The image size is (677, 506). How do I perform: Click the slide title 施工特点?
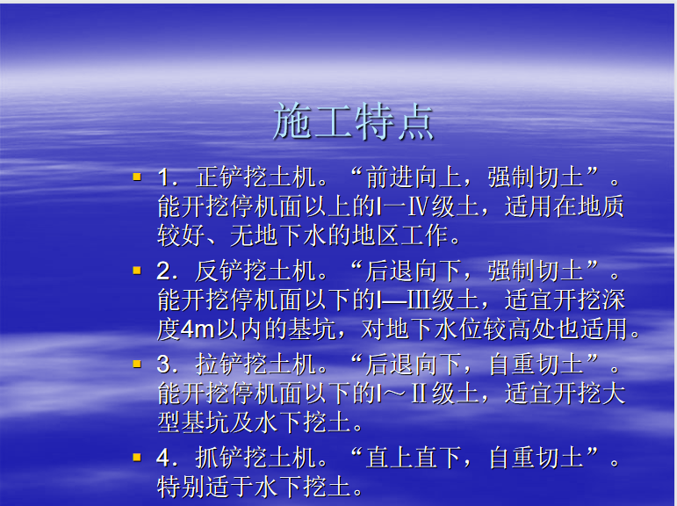[x=353, y=121]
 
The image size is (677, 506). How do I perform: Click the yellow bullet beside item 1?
[x=137, y=177]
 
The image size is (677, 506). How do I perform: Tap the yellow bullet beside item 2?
[x=137, y=271]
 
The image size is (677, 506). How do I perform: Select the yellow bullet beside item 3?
[x=137, y=364]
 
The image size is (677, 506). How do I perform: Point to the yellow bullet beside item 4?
[x=137, y=457]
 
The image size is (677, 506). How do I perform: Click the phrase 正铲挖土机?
[x=256, y=177]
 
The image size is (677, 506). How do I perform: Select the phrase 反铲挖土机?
[x=256, y=271]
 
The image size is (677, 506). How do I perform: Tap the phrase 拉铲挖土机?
[x=256, y=365]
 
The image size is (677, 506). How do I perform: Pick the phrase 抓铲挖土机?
[x=256, y=458]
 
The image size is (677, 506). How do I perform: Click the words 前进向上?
[x=414, y=177]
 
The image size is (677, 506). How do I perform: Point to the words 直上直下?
[x=414, y=458]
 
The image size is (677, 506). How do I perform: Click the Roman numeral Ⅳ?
[x=418, y=206]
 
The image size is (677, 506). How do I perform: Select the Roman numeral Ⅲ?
[x=419, y=300]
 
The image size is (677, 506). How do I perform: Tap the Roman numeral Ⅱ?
[x=419, y=394]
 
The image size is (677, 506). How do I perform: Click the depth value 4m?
[x=198, y=329]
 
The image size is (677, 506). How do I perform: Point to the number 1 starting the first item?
[x=163, y=177]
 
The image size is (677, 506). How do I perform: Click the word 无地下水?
[x=278, y=236]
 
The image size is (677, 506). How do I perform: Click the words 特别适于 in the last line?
[x=205, y=487]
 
